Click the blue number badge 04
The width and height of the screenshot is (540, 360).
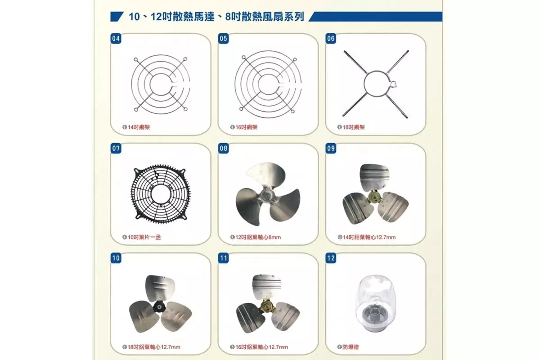(116, 39)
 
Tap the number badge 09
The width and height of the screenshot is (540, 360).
(331, 148)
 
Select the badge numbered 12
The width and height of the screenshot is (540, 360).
(331, 258)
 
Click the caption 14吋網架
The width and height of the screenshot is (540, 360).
(136, 127)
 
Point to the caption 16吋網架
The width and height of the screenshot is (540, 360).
(244, 127)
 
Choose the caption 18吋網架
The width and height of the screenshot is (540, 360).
(351, 127)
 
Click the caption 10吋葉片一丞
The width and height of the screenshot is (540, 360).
(141, 237)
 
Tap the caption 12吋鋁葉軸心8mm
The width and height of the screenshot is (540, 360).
(256, 237)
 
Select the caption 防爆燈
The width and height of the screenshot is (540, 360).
(348, 347)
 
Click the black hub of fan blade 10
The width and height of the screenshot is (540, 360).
(159, 307)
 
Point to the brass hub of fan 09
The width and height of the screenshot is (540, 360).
(374, 196)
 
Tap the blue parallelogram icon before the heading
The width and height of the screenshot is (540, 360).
(117, 17)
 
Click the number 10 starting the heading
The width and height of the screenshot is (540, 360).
(134, 17)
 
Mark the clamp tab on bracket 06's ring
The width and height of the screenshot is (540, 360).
(393, 84)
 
